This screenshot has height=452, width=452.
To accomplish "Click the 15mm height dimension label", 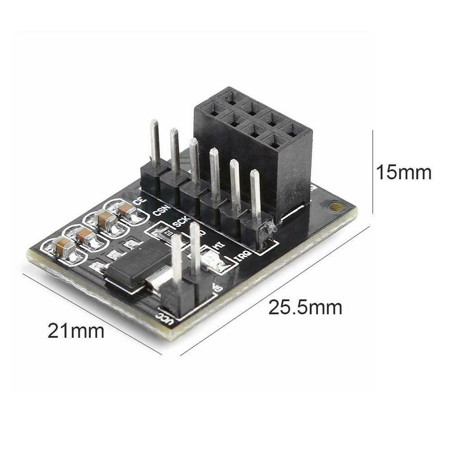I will [404, 172].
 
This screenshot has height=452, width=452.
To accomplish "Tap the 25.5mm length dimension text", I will [305, 308].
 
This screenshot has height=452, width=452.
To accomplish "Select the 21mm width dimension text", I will [76, 331].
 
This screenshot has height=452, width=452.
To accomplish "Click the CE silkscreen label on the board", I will [138, 200].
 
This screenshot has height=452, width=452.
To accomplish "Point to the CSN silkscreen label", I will [160, 211].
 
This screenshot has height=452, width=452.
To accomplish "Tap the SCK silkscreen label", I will [180, 222].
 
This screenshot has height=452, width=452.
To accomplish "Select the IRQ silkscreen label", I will [240, 260].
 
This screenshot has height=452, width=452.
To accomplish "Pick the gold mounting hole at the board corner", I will [336, 207].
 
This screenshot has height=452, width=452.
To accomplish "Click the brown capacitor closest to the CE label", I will [127, 212].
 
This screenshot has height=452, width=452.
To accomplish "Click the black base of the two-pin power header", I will [181, 294].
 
